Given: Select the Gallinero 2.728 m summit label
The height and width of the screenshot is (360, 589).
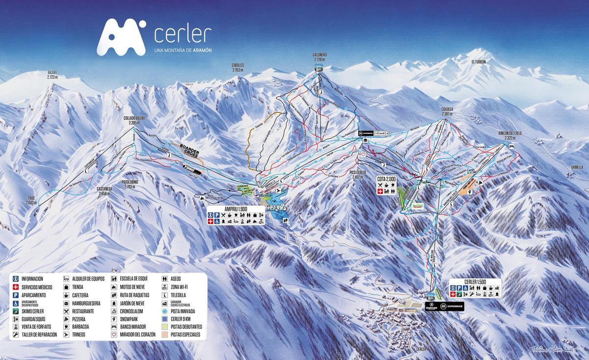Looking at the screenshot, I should pos(320,56).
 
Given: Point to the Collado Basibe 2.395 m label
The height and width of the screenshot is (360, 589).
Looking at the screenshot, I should pos(135,121).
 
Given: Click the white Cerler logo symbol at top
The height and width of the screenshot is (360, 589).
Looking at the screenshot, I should pos(121,37).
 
